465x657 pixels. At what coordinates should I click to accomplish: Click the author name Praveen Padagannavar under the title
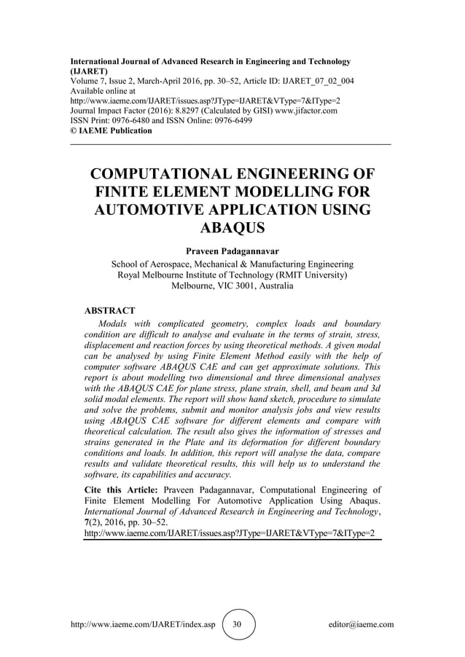point(232,251)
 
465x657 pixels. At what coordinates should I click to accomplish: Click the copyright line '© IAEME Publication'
point(111,131)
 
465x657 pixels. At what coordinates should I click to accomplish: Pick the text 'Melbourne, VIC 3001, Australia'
point(232,286)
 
